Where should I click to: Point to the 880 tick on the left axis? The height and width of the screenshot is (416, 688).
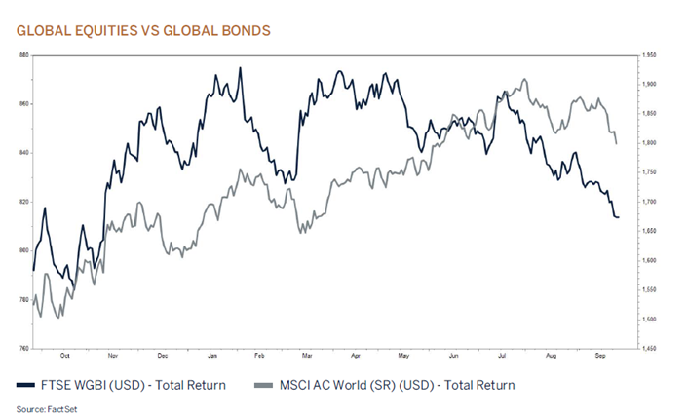(22, 55)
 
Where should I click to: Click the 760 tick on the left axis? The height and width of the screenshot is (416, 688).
(22, 348)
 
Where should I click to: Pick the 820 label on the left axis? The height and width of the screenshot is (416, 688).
(22, 202)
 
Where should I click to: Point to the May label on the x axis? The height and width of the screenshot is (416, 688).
(405, 357)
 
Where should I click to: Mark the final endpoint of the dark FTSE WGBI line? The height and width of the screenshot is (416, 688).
(619, 217)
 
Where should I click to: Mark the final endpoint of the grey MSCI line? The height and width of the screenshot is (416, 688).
(616, 143)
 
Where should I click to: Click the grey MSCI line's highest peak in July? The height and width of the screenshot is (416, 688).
(525, 79)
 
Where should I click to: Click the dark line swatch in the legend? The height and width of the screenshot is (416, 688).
(28, 385)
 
